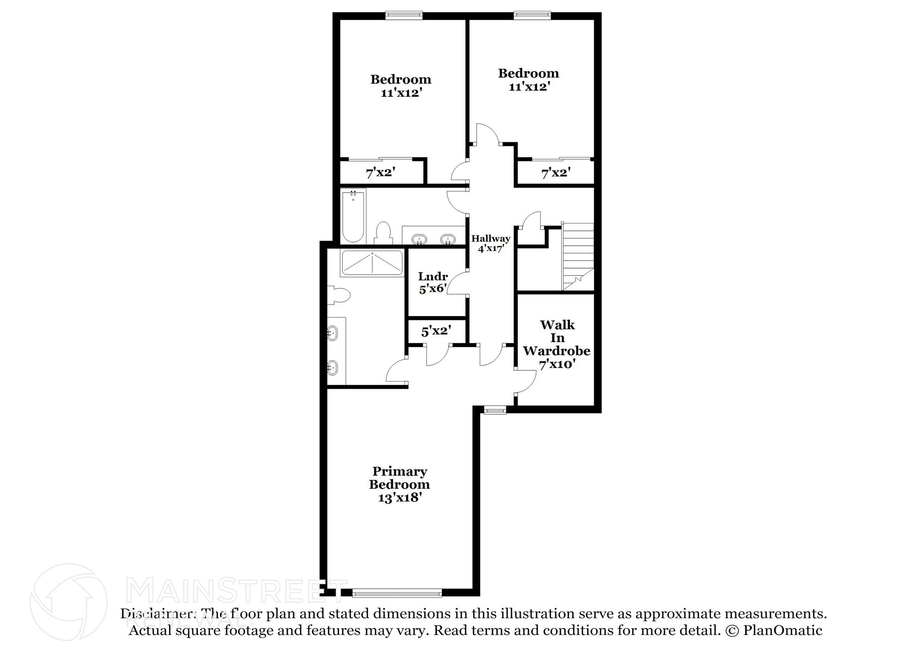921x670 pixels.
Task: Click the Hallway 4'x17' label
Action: pos(490,243)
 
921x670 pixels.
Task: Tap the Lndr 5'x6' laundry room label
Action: pos(433,283)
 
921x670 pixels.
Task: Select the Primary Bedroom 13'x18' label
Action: pos(399,484)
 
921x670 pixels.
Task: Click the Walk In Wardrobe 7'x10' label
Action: pos(557,344)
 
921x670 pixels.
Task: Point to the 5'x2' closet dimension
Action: pos(436,331)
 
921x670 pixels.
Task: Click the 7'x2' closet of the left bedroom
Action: pos(380,172)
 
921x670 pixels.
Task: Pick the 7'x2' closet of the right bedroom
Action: pos(556,172)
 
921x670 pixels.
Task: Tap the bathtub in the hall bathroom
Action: pos(353,216)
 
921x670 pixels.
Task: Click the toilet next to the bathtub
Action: pos(383,233)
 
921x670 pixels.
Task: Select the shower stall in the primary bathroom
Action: pos(372,264)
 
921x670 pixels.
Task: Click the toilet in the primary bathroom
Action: pos(339,296)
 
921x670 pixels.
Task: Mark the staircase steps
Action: pos(578,256)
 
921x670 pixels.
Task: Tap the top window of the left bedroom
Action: pos(404,15)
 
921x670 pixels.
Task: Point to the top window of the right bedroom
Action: pos(532,15)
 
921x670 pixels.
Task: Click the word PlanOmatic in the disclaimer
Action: pos(782,630)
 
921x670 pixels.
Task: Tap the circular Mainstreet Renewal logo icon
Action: pos(68,602)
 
